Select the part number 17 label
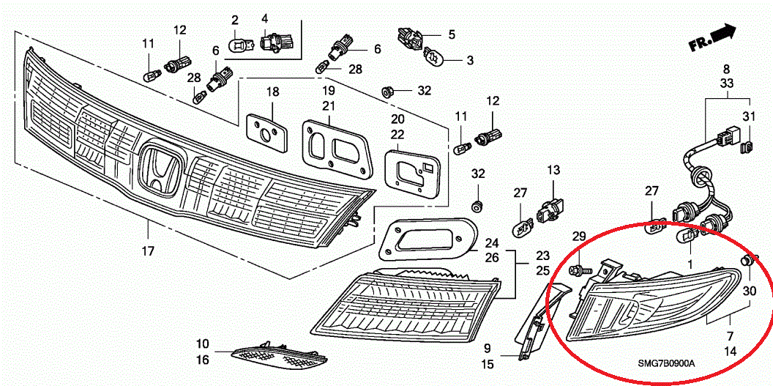click(148, 251)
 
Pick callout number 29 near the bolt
click(578, 236)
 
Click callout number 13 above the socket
click(553, 171)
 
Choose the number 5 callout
click(452, 34)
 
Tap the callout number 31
click(748, 117)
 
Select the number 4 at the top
click(264, 18)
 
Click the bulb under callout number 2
click(238, 45)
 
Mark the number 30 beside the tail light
click(750, 290)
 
